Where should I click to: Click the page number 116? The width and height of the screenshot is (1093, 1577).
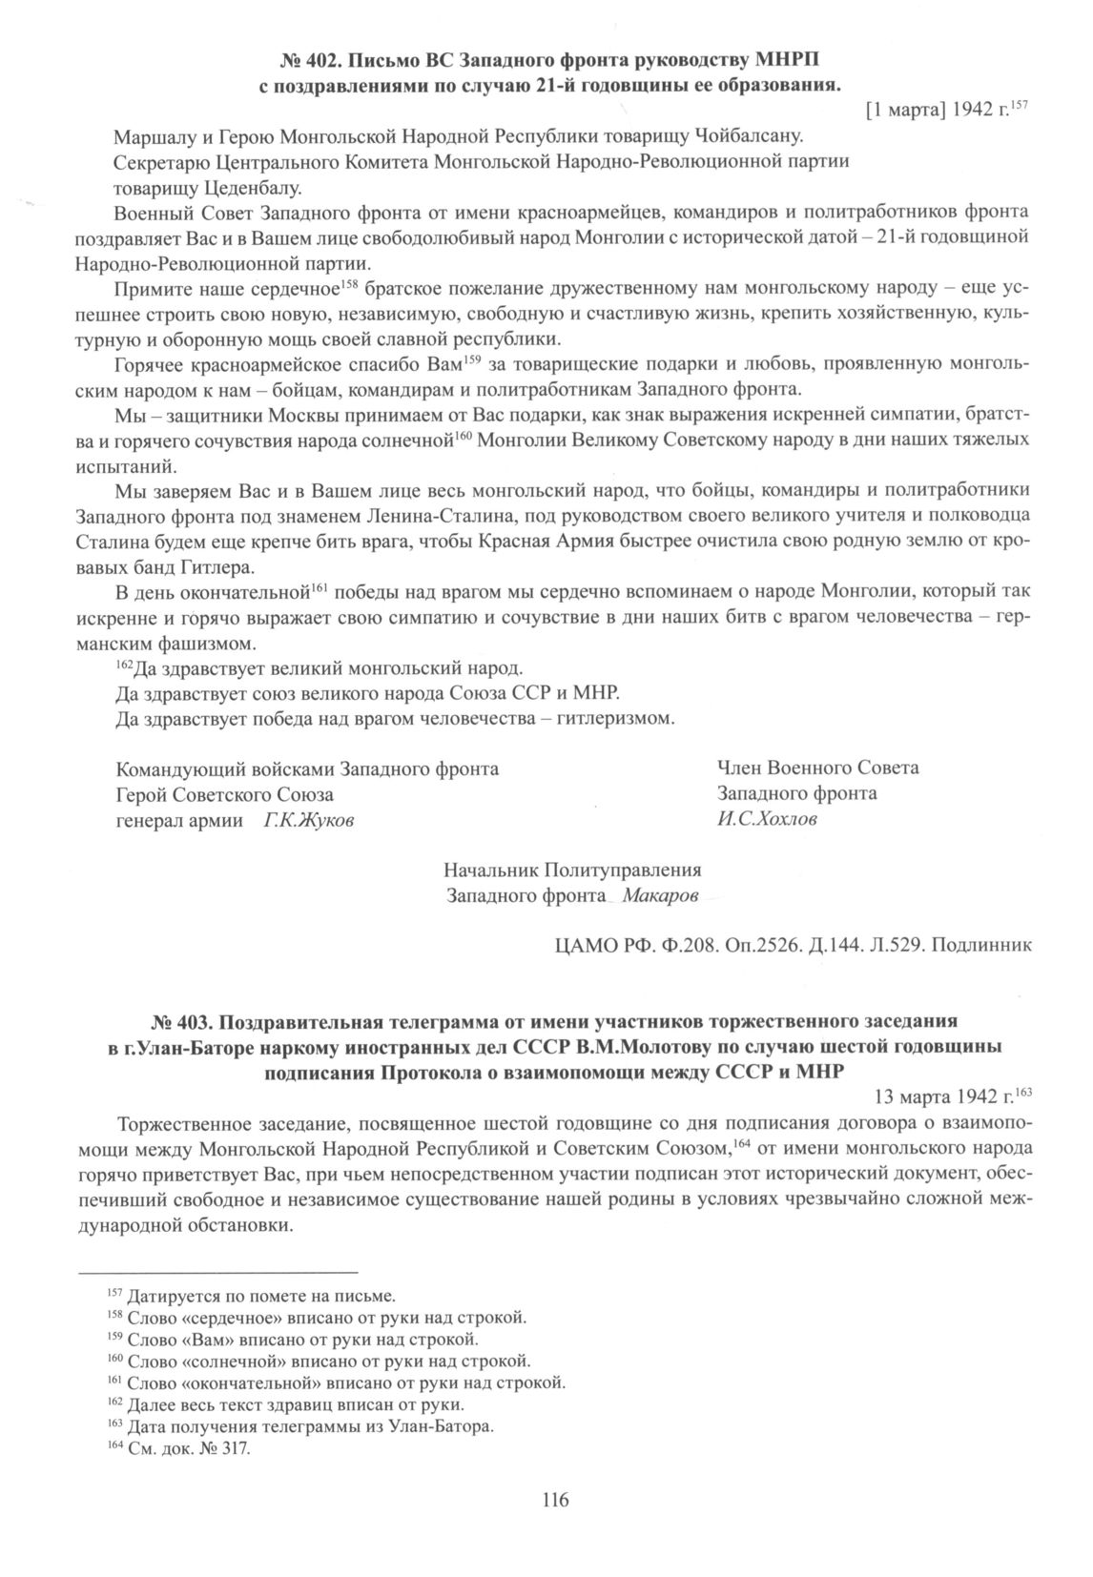point(554,1501)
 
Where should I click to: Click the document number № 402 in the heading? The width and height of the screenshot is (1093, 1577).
point(308,62)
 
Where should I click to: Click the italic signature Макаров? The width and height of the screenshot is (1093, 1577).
point(660,895)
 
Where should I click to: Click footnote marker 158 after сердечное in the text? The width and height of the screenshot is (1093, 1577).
point(348,284)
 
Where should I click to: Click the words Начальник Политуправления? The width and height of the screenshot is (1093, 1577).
point(572,870)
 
